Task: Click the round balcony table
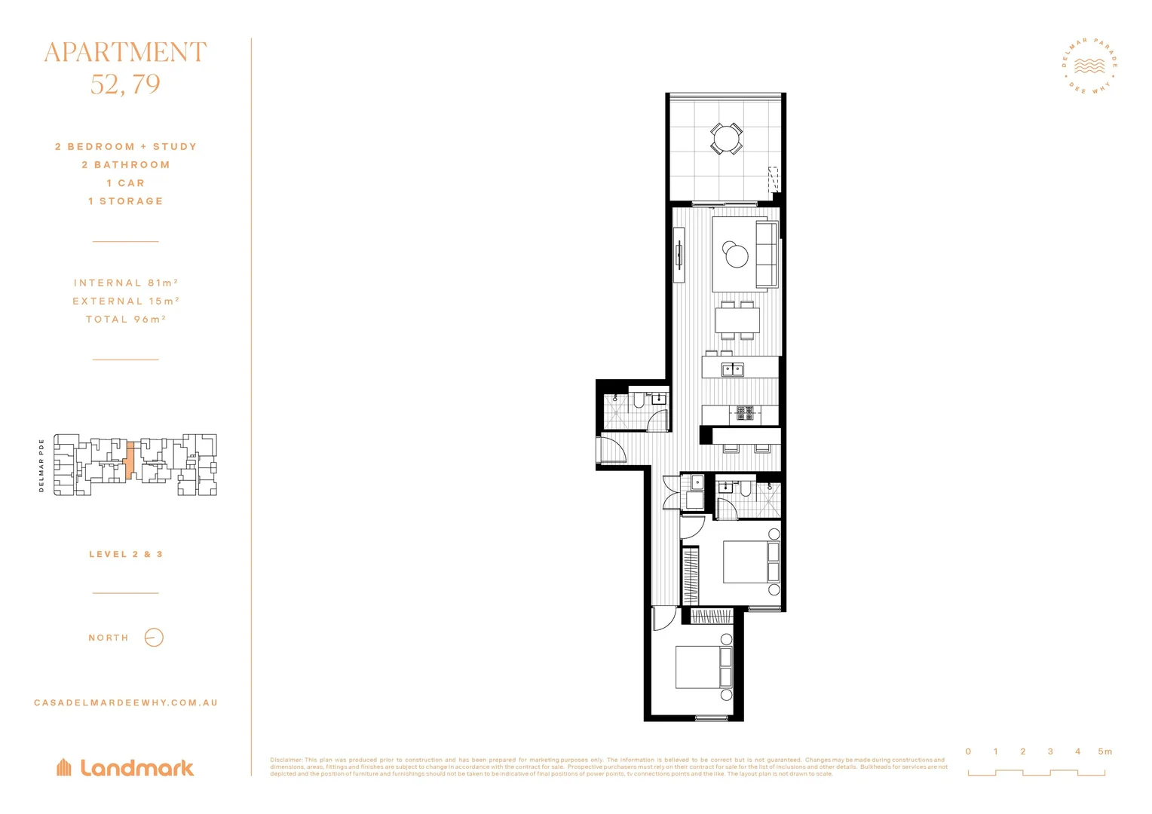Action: (x=726, y=139)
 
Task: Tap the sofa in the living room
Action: (x=767, y=254)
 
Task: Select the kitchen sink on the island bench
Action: (x=732, y=369)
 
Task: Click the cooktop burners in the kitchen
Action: (x=745, y=412)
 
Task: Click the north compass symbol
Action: (x=154, y=638)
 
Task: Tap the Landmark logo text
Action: (x=136, y=768)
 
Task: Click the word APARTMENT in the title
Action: (x=125, y=53)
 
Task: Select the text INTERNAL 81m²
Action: (x=126, y=283)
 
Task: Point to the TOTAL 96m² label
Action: (x=126, y=319)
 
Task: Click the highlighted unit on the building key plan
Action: (x=130, y=460)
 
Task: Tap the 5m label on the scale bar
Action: (x=1105, y=751)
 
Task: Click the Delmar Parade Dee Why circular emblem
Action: (x=1089, y=66)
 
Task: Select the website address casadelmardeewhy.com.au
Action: (x=126, y=702)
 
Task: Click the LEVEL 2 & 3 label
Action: (x=126, y=554)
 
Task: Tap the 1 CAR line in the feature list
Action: (x=125, y=183)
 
